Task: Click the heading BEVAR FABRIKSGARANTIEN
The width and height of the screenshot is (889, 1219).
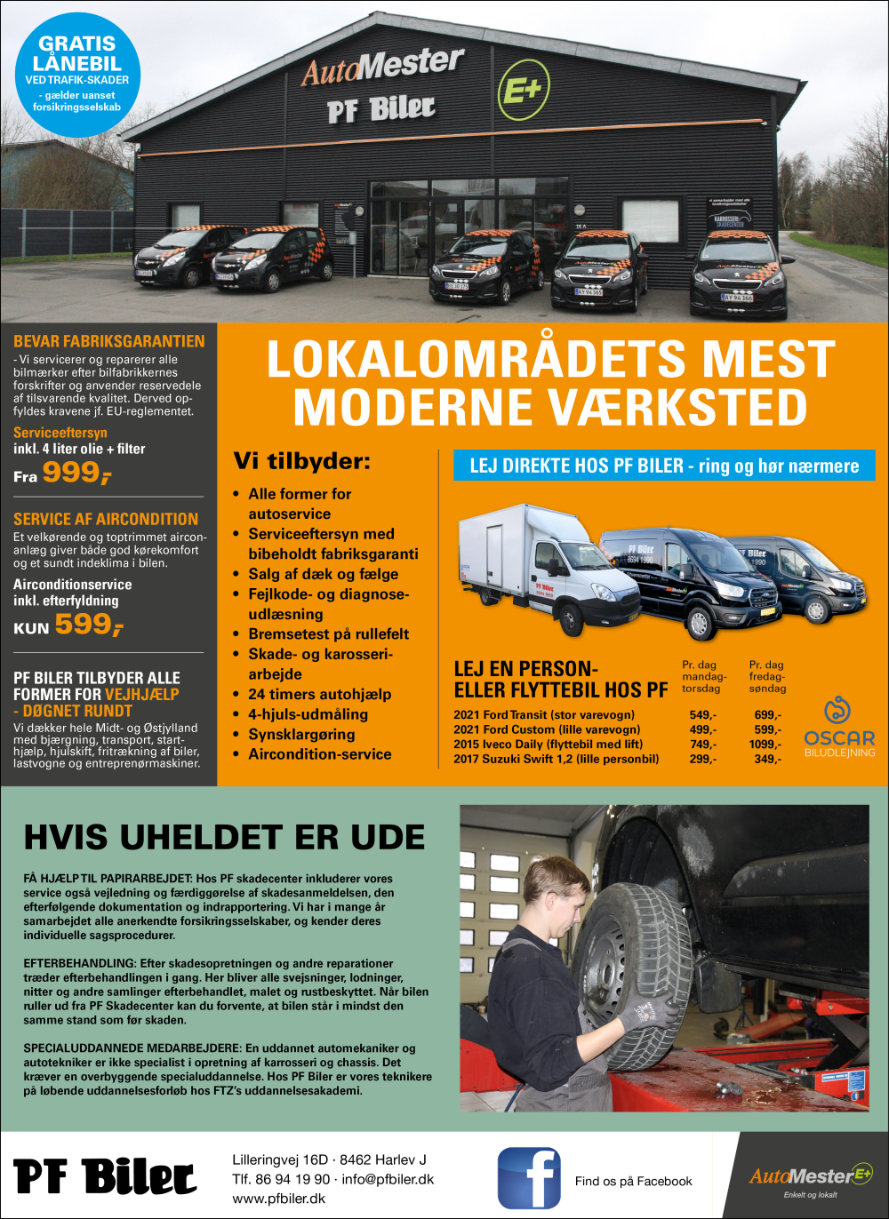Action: (108, 341)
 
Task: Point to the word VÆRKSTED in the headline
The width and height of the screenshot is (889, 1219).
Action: (677, 408)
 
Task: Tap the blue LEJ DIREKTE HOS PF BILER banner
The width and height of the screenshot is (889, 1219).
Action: (664, 466)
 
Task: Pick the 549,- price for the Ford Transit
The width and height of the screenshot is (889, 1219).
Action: (702, 715)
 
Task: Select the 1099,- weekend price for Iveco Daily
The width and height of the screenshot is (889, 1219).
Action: (764, 745)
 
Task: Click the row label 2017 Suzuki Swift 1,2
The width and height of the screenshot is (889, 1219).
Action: (556, 760)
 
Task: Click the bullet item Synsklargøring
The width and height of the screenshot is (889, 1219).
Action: (301, 735)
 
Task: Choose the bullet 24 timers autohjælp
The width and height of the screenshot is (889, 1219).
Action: (319, 695)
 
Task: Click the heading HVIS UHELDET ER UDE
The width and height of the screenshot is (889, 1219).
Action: (224, 838)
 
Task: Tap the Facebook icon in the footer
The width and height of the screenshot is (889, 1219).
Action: (529, 1178)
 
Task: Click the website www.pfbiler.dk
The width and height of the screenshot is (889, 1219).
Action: (278, 1199)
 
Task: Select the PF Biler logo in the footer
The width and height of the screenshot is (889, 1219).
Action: (105, 1176)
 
